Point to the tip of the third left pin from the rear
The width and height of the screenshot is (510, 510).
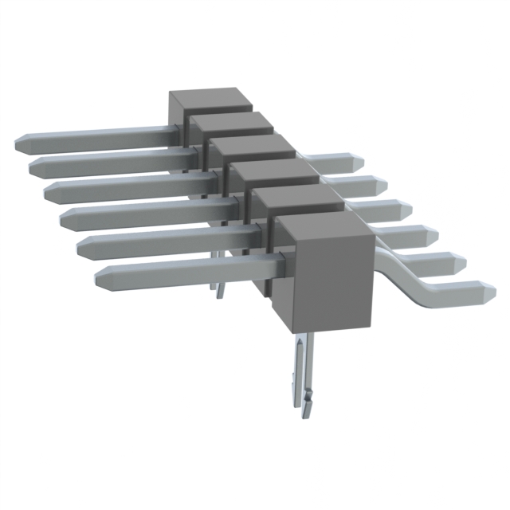[49, 191]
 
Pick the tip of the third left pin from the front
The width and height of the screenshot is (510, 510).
[64, 217]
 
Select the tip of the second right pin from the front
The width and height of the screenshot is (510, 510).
[462, 261]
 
